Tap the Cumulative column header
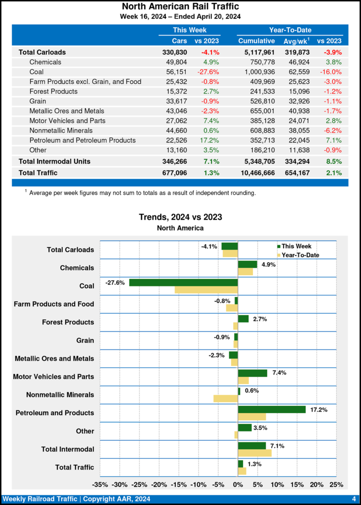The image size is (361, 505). pyautogui.click(x=256, y=41)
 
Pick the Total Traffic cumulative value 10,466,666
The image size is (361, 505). pyautogui.click(x=254, y=173)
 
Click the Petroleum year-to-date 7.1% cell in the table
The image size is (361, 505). pyautogui.click(x=333, y=140)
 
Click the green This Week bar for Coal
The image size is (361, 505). pyautogui.click(x=183, y=283)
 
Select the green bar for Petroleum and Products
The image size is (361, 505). pyautogui.click(x=272, y=409)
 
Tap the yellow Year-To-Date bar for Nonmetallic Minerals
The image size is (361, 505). pyautogui.click(x=226, y=398)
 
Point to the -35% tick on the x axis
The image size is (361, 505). pyautogui.click(x=100, y=484)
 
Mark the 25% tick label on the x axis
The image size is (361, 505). pyautogui.click(x=336, y=484)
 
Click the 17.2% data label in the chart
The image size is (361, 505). pyautogui.click(x=319, y=409)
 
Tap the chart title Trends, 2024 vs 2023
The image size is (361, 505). pyautogui.click(x=180, y=217)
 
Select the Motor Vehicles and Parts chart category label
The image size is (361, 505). pyautogui.click(x=53, y=377)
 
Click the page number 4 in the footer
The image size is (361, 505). pyautogui.click(x=354, y=499)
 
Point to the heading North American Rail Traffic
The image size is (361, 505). pyautogui.click(x=180, y=6)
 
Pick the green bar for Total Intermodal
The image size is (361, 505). pyautogui.click(x=252, y=446)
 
